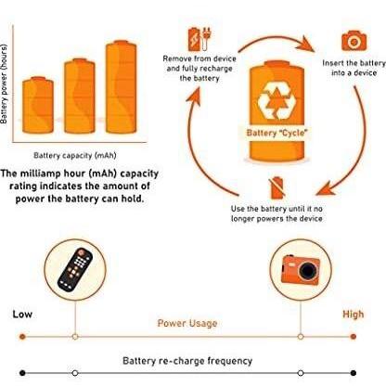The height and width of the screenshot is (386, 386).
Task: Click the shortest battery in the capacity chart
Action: tap(38, 105)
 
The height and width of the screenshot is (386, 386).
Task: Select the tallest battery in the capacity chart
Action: tap(121, 87)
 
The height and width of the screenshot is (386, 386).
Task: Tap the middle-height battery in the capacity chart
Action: tap(80, 96)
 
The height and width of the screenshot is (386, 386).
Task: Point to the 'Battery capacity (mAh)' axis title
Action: tap(75, 155)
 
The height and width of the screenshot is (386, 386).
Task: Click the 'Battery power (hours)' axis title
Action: tap(4, 84)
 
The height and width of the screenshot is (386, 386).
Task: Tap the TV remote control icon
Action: tap(75, 269)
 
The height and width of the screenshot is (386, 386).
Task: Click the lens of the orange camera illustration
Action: tap(308, 271)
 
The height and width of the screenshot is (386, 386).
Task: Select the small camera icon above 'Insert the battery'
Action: tap(354, 40)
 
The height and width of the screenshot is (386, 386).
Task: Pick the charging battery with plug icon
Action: tap(199, 39)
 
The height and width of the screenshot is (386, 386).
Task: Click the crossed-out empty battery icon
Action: tap(277, 187)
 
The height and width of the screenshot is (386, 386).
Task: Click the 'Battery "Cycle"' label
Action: tap(277, 133)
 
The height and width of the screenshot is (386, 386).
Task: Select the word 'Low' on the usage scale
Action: tap(22, 315)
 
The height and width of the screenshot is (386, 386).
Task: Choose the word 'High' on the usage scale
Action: tap(353, 315)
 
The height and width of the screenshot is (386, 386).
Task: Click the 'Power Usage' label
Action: tap(187, 323)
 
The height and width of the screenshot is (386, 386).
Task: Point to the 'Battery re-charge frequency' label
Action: tap(187, 361)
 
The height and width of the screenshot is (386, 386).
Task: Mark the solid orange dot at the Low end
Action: tap(22, 337)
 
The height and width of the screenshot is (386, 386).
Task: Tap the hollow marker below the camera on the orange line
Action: tap(301, 337)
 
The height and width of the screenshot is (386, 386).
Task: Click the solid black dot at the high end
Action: tap(354, 373)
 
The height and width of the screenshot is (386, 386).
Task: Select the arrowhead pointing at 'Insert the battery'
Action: tap(305, 45)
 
